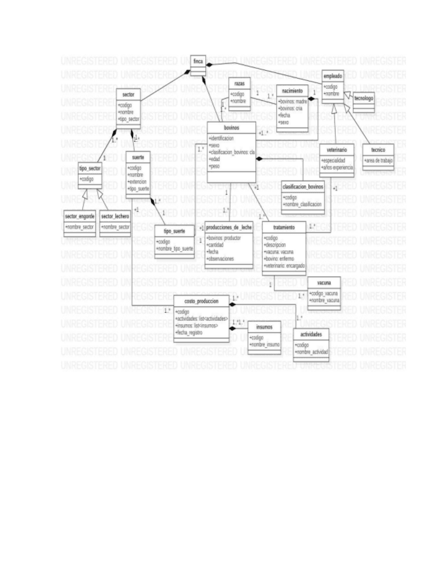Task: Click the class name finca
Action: [199, 61]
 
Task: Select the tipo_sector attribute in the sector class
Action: [129, 119]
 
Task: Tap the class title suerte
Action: [138, 158]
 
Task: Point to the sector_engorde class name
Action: [80, 218]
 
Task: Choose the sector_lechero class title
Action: [115, 218]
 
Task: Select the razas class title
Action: [239, 84]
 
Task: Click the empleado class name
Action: [334, 78]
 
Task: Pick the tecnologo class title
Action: [364, 99]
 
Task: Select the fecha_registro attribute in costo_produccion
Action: [191, 332]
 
